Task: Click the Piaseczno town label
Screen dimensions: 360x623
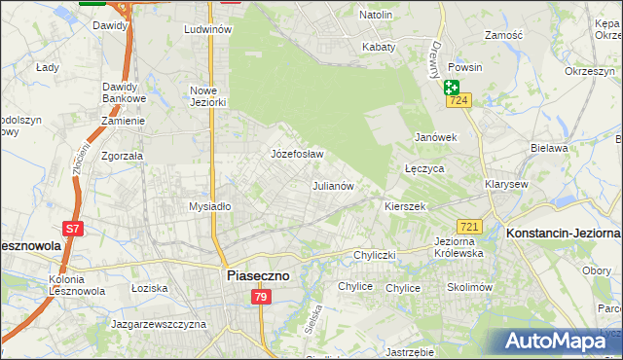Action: [258, 275]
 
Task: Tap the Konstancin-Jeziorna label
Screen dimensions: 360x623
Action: [563, 234]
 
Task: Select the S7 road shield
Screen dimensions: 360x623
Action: [73, 229]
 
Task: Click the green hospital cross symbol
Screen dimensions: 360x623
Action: [453, 87]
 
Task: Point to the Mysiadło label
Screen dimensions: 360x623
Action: [209, 206]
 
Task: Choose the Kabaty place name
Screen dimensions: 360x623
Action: [379, 46]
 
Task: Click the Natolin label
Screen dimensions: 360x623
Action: [376, 16]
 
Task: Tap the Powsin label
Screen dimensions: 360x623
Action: [465, 68]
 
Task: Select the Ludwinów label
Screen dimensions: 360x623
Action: [207, 29]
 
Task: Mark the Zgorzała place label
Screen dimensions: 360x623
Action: [122, 155]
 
